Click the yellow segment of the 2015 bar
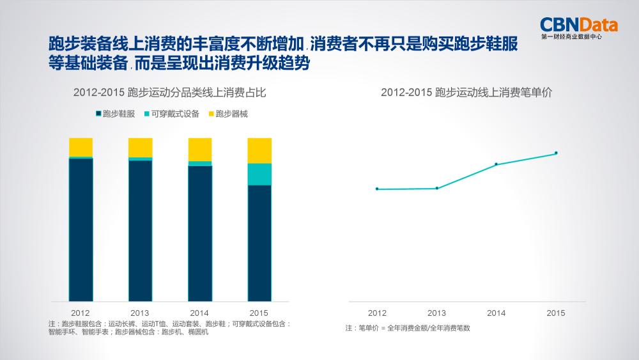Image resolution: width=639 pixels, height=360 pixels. (x=259, y=150)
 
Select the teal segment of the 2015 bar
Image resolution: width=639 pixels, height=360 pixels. (x=259, y=174)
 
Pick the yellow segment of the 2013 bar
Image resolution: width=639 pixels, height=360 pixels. (x=140, y=147)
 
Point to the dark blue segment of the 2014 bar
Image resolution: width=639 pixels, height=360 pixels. (x=199, y=233)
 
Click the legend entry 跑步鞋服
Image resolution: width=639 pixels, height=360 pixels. (x=115, y=114)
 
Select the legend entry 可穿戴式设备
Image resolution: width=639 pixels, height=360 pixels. (x=171, y=114)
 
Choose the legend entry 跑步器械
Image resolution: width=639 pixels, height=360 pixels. (x=227, y=114)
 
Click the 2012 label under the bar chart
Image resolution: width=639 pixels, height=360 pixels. (x=81, y=313)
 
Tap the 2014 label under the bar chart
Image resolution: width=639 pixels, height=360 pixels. (x=199, y=313)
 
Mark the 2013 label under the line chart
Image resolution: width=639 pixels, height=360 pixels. (x=436, y=313)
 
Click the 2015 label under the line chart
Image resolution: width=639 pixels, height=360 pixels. (x=556, y=313)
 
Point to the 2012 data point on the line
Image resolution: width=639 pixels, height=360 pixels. (x=377, y=189)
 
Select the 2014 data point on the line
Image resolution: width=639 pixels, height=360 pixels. (x=497, y=164)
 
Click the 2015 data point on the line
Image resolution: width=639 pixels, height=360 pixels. (x=556, y=153)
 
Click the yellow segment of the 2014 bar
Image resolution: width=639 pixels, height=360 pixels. (x=199, y=149)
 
